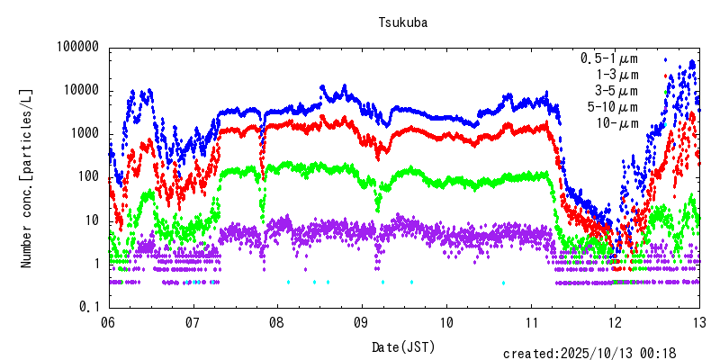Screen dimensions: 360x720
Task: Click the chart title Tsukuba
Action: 402,24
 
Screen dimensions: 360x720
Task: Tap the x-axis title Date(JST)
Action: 402,347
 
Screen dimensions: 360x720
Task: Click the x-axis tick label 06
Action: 108,322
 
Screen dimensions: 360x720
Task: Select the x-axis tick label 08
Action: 277,322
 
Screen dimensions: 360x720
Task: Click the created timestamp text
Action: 601,353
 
